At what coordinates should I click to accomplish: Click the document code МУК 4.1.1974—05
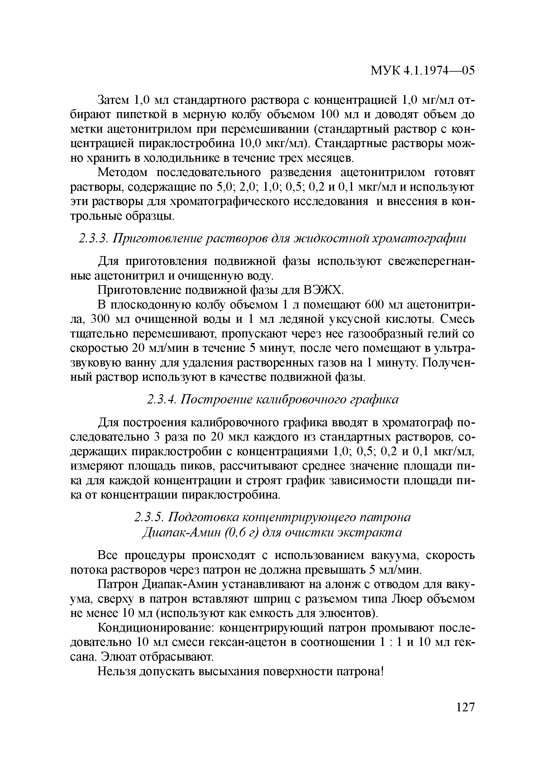(422, 71)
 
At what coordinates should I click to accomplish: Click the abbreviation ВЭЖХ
(323, 290)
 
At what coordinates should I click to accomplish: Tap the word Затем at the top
(113, 100)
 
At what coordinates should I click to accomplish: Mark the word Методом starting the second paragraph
(122, 173)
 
